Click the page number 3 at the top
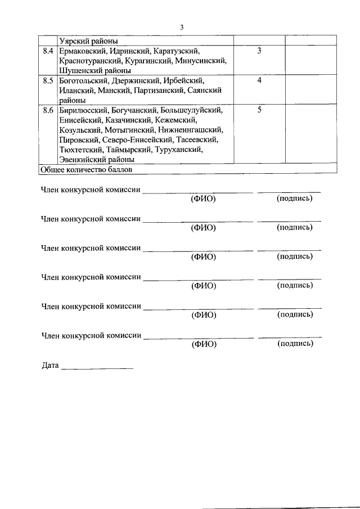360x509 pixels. click(182, 27)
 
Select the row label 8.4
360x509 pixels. click(48, 51)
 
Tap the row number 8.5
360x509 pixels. click(48, 81)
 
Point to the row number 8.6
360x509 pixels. click(48, 110)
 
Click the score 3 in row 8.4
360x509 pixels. click(259, 51)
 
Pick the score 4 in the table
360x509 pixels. click(259, 81)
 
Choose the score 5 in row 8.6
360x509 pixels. click(259, 110)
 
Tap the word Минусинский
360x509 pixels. click(200, 61)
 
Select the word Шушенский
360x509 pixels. click(79, 71)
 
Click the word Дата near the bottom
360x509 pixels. click(50, 366)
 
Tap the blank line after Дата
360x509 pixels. click(97, 367)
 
